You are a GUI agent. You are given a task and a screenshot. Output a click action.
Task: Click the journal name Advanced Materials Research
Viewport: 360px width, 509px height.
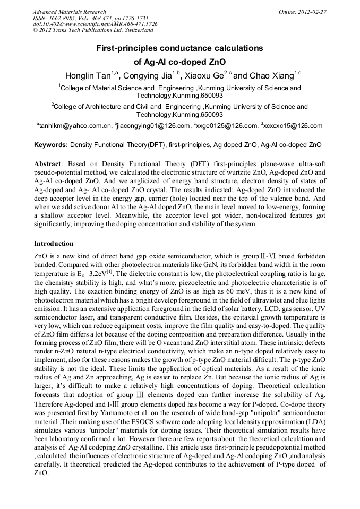pyautogui.click(x=69, y=12)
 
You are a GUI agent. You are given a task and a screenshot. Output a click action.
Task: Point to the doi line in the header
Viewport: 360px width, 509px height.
pyautogui.click(x=95, y=24)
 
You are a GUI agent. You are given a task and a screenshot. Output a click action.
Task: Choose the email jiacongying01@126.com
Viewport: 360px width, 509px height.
pyautogui.click(x=154, y=126)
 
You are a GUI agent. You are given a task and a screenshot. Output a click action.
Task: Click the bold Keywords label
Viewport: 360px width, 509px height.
pyautogui.click(x=51, y=144)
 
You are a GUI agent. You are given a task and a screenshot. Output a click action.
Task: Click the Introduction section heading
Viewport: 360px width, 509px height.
pyautogui.click(x=54, y=244)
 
